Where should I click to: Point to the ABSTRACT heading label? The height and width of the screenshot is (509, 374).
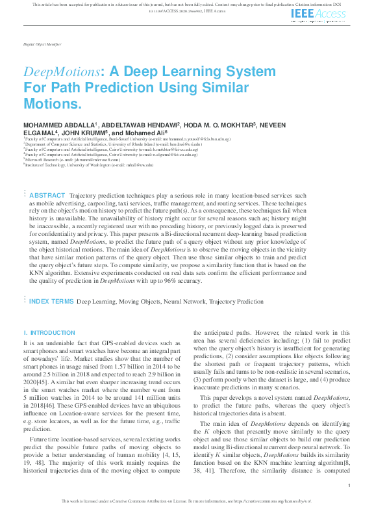(47, 196)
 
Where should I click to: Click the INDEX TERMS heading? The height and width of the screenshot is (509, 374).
(51, 302)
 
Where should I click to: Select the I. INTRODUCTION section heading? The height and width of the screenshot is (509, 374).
(49, 332)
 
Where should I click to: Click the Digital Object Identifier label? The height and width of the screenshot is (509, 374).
(39, 47)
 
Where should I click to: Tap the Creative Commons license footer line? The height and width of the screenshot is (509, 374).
(186, 502)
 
